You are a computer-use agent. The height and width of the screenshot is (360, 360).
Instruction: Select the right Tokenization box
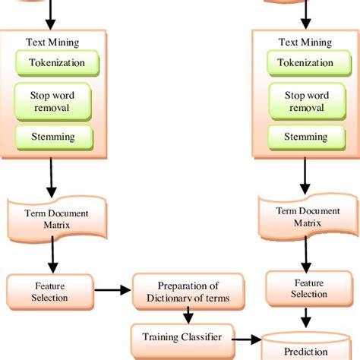[x=306, y=63]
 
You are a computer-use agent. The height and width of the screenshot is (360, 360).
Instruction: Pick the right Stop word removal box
[x=306, y=102]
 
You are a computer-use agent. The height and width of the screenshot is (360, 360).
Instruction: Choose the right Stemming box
[x=306, y=137]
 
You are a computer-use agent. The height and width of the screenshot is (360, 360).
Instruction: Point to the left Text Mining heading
[x=51, y=43]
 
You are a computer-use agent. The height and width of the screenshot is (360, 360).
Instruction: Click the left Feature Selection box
[x=50, y=291]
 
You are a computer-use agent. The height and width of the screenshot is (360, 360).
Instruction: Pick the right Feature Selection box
[x=306, y=289]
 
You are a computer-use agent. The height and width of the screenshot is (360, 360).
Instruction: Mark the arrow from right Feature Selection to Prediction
[x=306, y=317]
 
